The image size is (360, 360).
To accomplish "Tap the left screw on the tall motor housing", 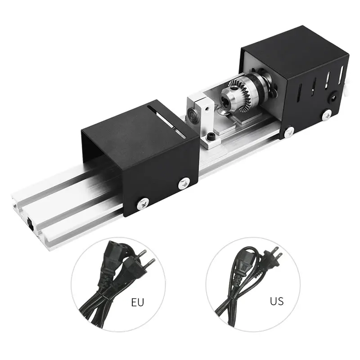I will pyautogui.click(x=289, y=131).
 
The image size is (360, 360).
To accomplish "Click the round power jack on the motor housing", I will pyautogui.click(x=334, y=96).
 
